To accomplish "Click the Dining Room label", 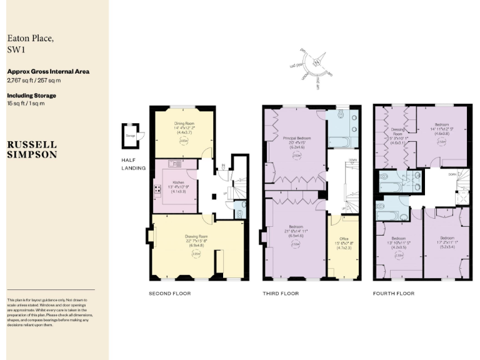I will [x=183, y=124].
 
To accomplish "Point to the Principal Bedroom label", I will [x=297, y=137].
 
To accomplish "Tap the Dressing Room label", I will [x=398, y=130].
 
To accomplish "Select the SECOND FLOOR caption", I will [x=169, y=293].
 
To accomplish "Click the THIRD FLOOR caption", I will [x=281, y=293].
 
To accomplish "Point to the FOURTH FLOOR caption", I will [x=393, y=293].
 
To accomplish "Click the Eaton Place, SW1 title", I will [x=30, y=44].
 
